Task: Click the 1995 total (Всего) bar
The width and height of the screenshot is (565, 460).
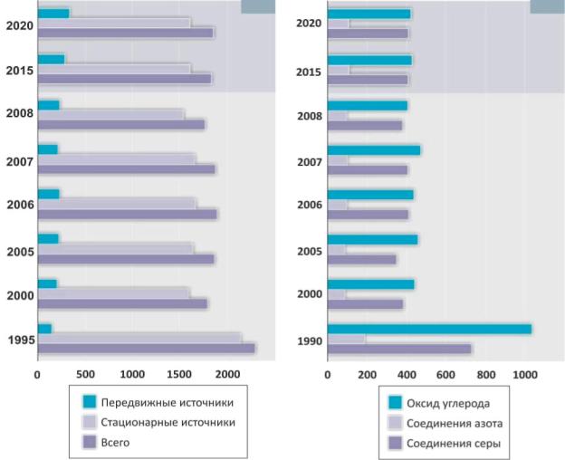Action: coord(145,347)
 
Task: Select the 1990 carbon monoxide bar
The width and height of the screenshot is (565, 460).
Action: coord(429,329)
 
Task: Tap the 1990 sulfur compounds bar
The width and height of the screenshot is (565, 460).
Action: coord(399,349)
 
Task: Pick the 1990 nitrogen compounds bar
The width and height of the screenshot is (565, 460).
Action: coord(347,339)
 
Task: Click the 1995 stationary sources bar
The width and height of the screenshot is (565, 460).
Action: coord(139,337)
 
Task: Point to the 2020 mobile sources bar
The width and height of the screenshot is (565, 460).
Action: coord(53,13)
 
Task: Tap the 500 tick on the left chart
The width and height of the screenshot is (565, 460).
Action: coord(85,374)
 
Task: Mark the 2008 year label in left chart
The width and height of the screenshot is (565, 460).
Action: coord(20,114)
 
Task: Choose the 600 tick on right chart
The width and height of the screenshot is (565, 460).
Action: coord(446,374)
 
